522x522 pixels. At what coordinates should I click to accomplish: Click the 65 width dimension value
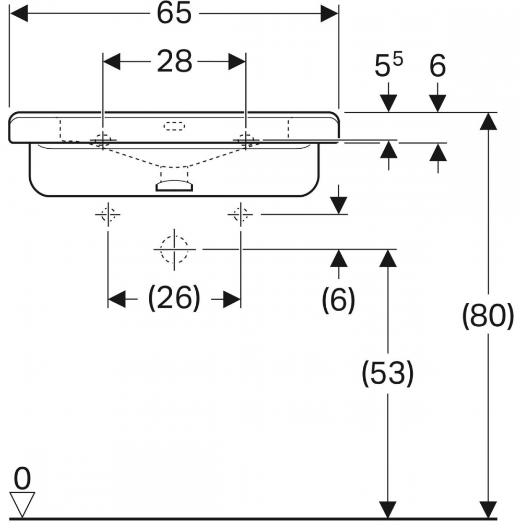[174, 14]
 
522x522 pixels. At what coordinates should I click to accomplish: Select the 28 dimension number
[174, 61]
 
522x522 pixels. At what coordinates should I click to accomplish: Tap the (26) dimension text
[174, 298]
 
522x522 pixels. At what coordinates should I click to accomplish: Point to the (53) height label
[388, 373]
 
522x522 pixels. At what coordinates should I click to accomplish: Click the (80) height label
[489, 316]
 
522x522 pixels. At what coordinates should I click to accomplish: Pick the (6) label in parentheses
[339, 299]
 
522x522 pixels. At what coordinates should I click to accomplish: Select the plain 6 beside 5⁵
[437, 66]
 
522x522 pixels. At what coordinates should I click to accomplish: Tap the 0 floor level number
[22, 478]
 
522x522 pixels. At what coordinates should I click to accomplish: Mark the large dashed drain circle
[174, 249]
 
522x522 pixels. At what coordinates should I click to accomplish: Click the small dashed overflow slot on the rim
[174, 126]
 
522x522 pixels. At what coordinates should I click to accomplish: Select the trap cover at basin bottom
[174, 186]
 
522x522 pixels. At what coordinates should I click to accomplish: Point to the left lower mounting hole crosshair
[108, 215]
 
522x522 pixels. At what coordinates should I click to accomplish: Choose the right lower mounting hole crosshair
[240, 215]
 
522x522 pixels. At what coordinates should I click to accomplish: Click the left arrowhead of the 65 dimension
[19, 14]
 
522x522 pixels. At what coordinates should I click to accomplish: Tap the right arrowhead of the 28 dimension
[237, 62]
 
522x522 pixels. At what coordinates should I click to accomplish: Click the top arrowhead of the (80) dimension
[489, 121]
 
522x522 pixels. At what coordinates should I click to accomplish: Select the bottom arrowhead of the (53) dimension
[388, 510]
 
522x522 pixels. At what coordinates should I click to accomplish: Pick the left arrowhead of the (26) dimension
[116, 299]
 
